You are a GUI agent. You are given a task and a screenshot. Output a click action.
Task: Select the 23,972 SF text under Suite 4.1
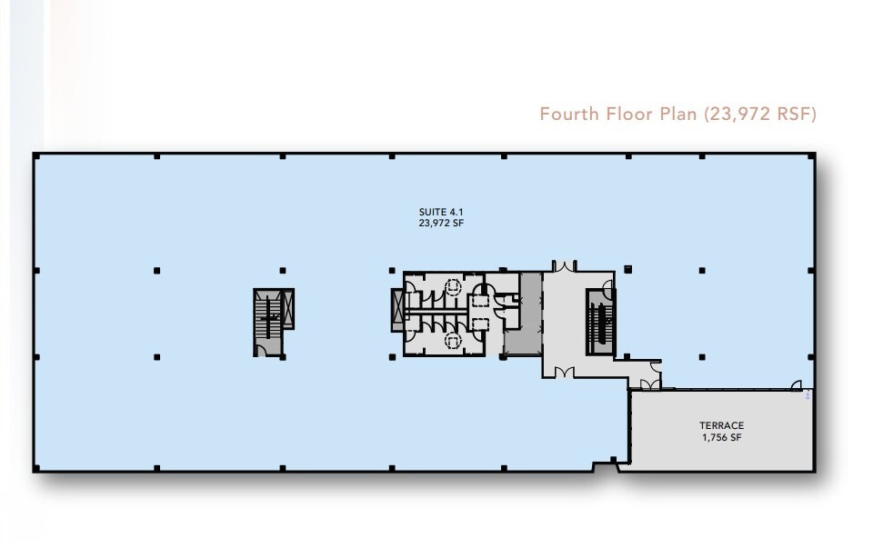(x=435, y=223)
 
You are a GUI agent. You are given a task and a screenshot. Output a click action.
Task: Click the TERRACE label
(x=721, y=425)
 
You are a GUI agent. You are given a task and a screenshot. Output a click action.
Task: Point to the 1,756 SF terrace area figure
(x=721, y=437)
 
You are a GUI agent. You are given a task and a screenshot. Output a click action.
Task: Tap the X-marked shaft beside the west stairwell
(x=289, y=308)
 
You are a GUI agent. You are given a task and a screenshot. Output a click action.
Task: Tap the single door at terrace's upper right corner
(x=796, y=385)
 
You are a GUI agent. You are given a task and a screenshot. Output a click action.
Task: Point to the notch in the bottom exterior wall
(x=604, y=467)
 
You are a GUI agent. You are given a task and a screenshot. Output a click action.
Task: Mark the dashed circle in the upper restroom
(x=451, y=287)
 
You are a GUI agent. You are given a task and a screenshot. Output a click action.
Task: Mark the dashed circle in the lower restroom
(x=451, y=339)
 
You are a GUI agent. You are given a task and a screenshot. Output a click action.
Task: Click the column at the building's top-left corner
(x=35, y=156)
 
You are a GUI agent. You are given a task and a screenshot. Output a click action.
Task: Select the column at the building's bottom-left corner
(x=35, y=469)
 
